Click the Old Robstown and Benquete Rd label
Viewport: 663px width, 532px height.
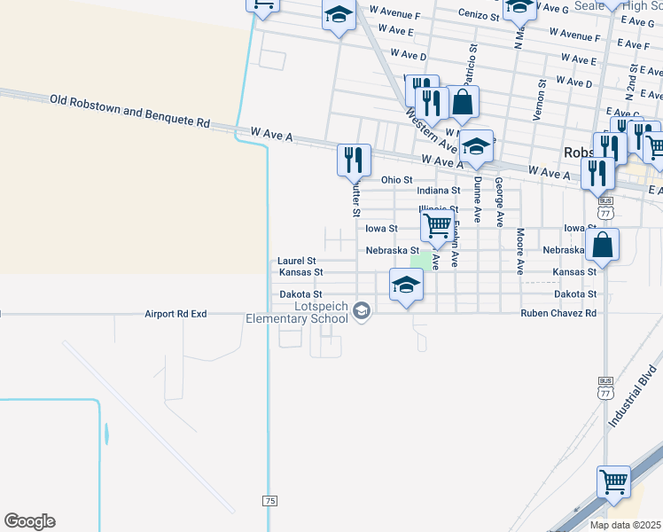129,113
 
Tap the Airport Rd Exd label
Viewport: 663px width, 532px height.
175,314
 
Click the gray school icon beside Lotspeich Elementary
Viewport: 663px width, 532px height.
361,310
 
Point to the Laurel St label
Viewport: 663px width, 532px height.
296,261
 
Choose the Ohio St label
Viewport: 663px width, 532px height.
397,180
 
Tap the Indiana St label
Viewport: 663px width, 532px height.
439,191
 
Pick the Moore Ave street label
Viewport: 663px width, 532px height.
520,250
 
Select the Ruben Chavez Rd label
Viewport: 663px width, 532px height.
558,314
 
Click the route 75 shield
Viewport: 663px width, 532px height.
269,501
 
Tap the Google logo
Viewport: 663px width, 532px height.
29,521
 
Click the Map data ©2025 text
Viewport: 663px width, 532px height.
626,525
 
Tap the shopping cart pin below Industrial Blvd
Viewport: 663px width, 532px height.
613,482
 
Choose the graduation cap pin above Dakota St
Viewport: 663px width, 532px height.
406,285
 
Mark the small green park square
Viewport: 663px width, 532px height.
422,261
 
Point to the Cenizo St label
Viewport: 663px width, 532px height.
479,15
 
